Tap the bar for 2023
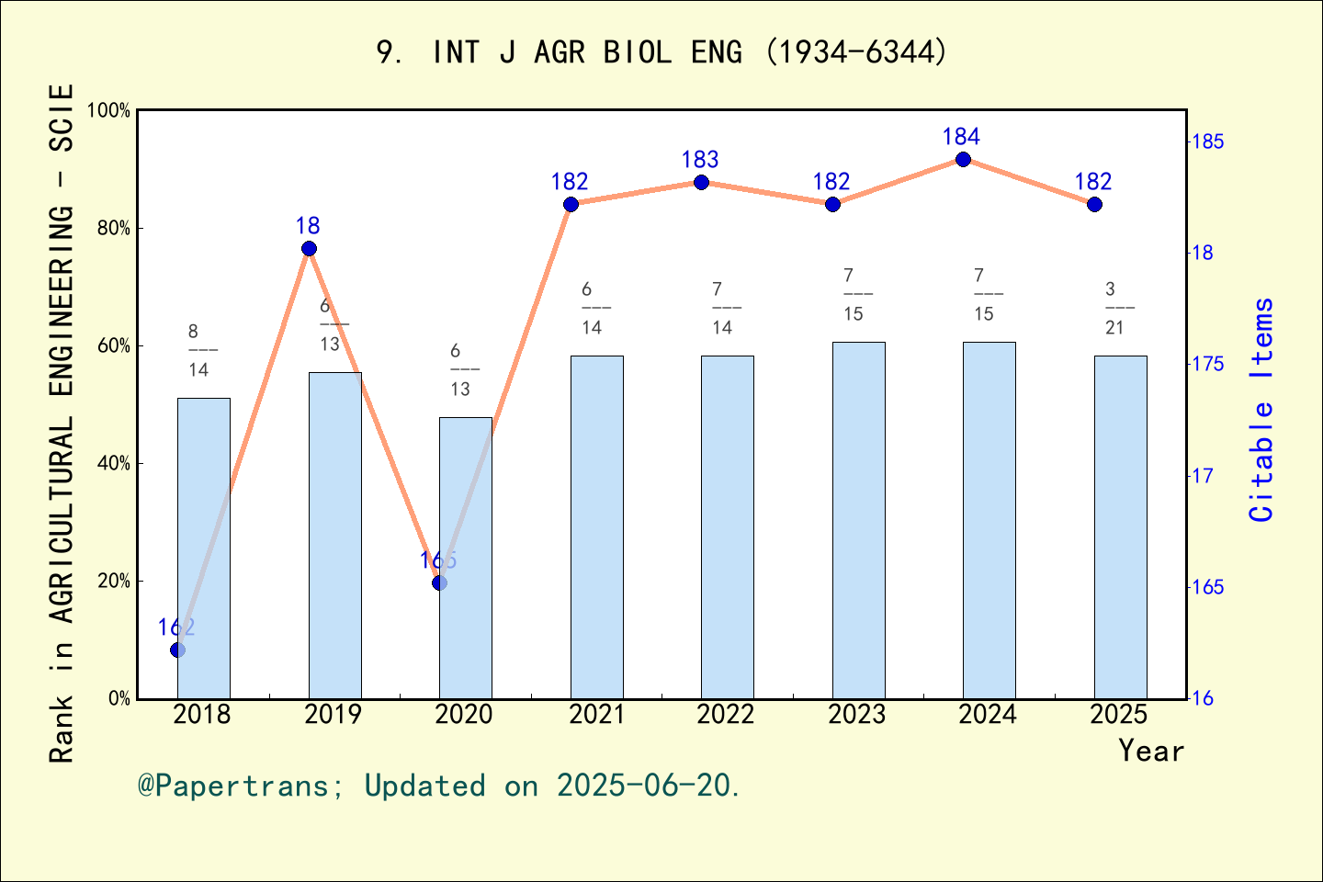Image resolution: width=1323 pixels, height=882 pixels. [858, 520]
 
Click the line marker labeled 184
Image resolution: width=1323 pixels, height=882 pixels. [963, 160]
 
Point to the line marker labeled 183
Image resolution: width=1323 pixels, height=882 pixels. [701, 182]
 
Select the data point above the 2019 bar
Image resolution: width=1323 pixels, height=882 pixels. [309, 249]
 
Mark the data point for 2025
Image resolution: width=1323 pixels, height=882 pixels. [1094, 204]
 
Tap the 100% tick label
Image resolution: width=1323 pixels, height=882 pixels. [108, 110]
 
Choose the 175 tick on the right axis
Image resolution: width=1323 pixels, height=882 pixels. [1207, 365]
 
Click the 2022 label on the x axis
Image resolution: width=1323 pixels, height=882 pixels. [725, 715]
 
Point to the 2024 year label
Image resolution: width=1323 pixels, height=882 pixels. [988, 715]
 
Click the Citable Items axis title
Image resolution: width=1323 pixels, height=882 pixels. [1262, 410]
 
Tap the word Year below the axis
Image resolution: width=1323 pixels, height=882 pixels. [1150, 751]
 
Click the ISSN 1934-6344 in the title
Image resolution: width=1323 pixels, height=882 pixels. [855, 52]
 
